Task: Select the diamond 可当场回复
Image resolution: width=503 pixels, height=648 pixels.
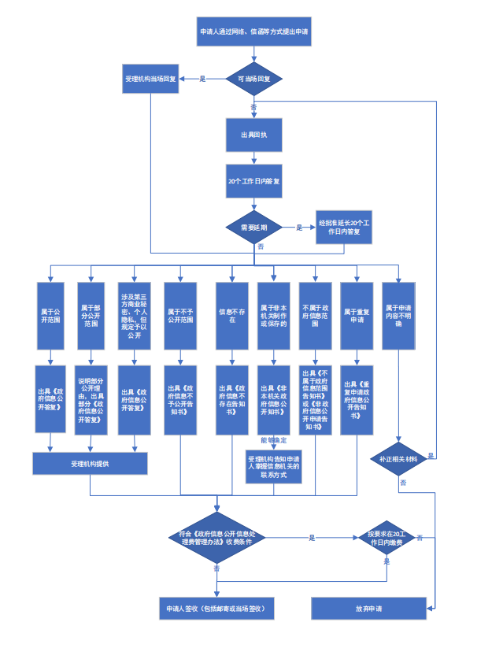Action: coord(253,79)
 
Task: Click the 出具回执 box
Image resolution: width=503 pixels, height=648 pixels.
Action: coord(253,135)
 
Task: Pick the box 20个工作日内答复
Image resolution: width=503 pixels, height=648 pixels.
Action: coord(253,181)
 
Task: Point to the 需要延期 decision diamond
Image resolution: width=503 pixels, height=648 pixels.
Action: coord(253,228)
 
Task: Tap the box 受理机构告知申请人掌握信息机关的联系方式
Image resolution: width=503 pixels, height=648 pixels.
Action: coord(273,465)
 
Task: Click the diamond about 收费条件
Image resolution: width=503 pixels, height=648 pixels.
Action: coord(216,538)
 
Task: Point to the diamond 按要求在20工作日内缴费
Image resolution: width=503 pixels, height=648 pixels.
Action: coord(386,538)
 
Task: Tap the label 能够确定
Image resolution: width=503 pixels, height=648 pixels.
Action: coord(274,439)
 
